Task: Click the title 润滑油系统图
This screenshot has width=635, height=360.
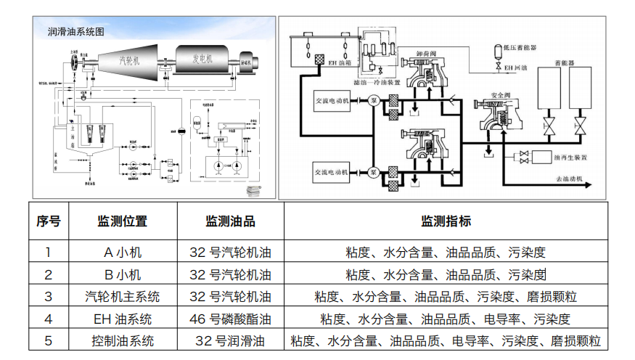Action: [75, 32]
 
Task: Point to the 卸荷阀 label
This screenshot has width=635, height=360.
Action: [425, 54]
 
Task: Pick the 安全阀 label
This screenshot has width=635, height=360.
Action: [502, 94]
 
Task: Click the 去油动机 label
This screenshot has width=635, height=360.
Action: [570, 179]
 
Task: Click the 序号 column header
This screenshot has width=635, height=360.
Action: [48, 221]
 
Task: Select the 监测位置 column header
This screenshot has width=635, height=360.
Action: [122, 221]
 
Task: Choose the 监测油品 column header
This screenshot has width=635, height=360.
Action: [230, 221]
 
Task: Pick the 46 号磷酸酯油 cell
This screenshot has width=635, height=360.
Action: [230, 319]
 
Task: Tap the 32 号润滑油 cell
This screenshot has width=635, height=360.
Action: [230, 340]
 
